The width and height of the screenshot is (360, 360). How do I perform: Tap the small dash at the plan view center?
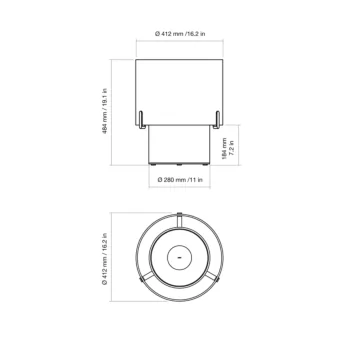180,258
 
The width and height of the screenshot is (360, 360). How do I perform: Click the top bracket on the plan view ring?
181,216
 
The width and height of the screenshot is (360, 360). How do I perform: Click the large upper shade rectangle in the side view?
181,85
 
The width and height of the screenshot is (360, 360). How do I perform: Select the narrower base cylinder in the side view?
181,145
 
